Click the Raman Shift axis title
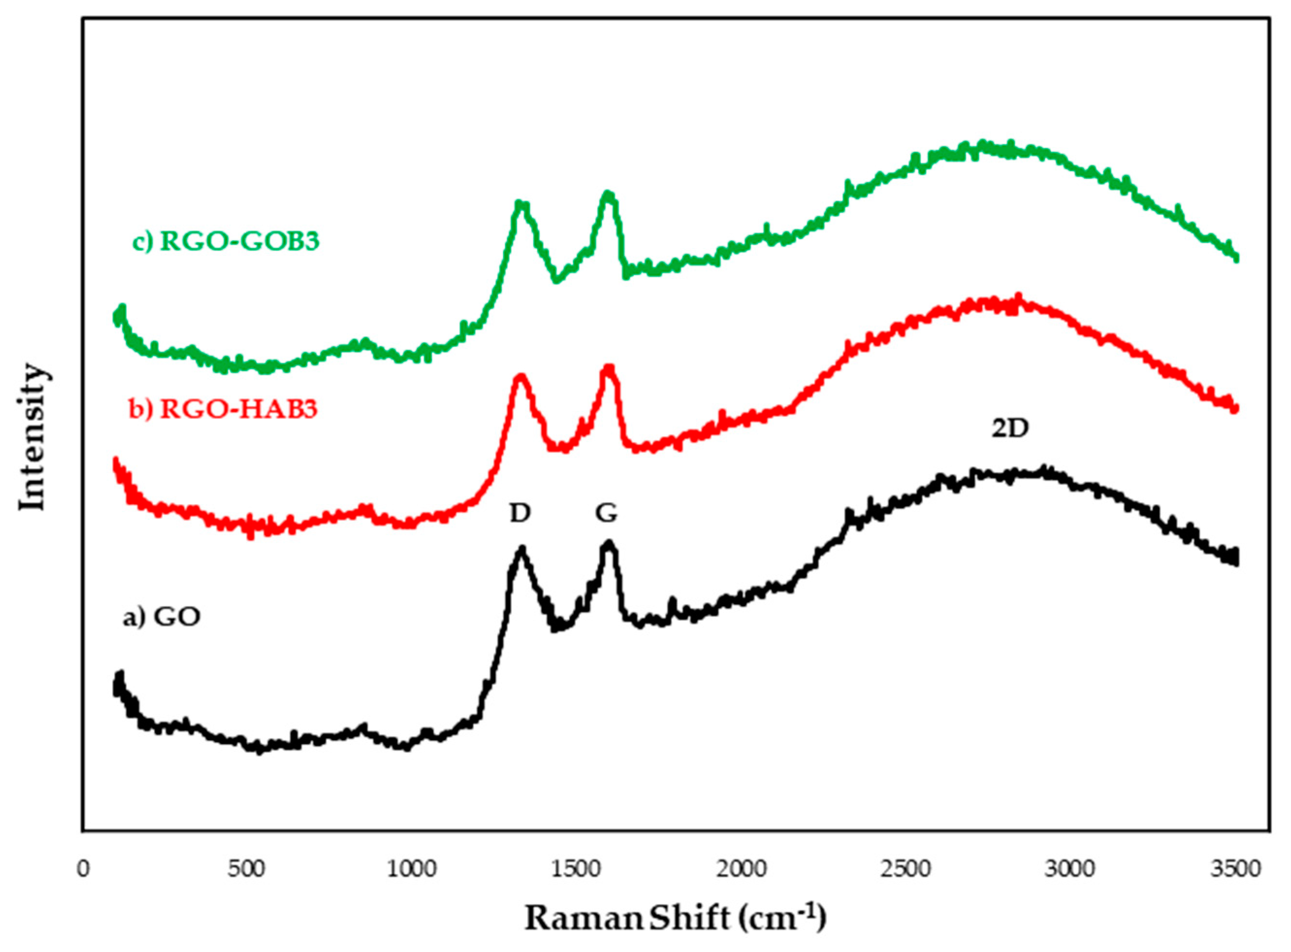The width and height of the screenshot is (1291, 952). [x=675, y=919]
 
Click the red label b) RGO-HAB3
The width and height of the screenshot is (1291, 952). [x=223, y=409]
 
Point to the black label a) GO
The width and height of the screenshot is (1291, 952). [x=162, y=617]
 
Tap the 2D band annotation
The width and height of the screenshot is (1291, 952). [x=1010, y=428]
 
